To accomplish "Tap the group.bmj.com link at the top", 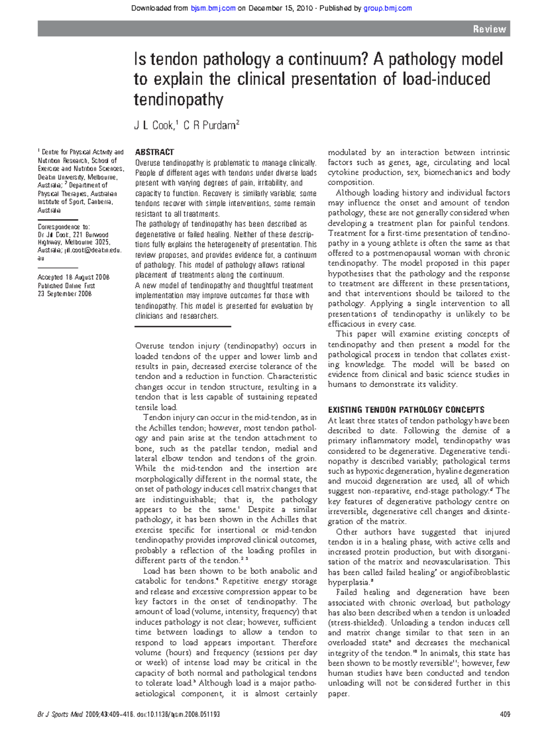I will (x=387, y=8).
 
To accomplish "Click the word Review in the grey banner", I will (x=489, y=29).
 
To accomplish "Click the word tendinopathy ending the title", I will (x=178, y=100).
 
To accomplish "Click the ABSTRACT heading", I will (x=154, y=152).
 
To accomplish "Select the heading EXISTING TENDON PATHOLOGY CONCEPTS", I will (x=406, y=410).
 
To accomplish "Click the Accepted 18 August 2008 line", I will (x=74, y=277).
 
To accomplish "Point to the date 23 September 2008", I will (x=65, y=294).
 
